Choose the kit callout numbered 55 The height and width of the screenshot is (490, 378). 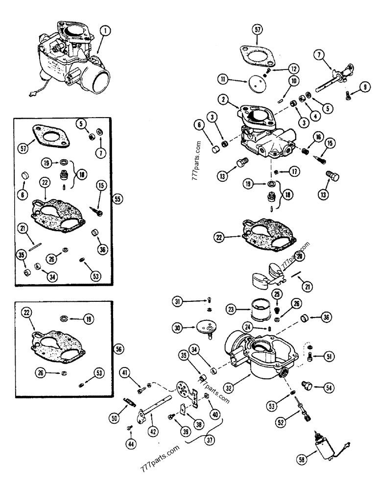click(x=117, y=199)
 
